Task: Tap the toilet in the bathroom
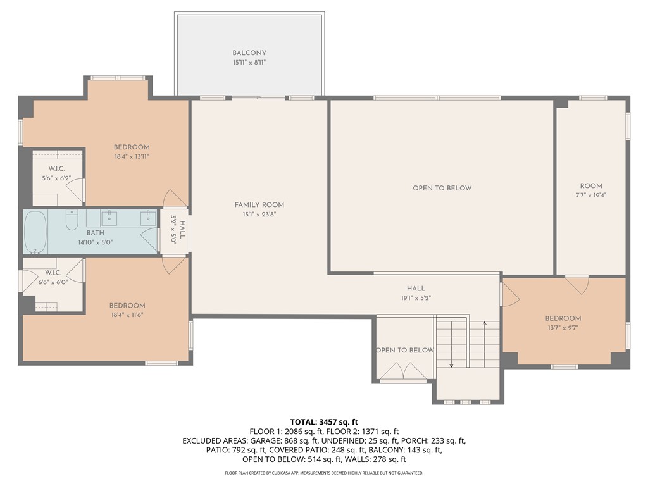[72, 221]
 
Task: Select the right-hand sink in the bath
[148, 218]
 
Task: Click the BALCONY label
[249, 53]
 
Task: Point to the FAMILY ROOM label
[259, 204]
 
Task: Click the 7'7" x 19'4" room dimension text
[591, 196]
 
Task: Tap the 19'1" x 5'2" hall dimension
[415, 297]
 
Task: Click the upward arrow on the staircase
[484, 325]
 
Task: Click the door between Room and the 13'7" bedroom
[576, 284]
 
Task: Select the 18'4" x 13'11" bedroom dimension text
[132, 156]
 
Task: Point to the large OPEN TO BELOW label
[442, 188]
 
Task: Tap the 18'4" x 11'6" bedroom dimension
[127, 315]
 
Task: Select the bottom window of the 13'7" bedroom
[563, 366]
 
